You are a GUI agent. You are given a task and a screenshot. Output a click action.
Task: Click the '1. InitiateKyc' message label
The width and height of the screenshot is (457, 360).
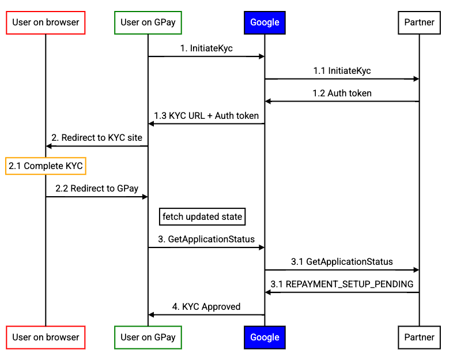(206, 48)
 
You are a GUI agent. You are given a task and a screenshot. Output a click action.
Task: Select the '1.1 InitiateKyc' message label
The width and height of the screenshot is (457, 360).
(342, 71)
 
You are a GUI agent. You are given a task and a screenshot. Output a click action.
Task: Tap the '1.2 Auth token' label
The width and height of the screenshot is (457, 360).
(342, 93)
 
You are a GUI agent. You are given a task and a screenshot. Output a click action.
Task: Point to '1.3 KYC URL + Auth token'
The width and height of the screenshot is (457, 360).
(206, 116)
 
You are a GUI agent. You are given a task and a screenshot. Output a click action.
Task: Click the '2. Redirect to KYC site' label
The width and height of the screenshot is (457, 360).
(97, 138)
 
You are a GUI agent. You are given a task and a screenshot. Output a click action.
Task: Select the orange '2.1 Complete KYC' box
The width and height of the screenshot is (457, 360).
(46, 166)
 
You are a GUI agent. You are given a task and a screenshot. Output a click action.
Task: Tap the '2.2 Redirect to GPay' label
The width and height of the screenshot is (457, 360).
(97, 188)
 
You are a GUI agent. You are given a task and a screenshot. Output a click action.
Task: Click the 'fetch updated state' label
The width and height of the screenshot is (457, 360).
(202, 217)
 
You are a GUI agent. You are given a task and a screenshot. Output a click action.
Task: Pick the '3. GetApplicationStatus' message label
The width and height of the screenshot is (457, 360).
(206, 239)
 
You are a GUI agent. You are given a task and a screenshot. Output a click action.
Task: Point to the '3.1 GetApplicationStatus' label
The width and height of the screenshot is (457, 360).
(342, 261)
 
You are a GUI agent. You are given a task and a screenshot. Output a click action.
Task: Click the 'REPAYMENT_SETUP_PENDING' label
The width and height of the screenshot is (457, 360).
(342, 284)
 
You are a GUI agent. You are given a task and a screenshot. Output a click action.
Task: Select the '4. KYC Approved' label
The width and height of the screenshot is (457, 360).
(206, 306)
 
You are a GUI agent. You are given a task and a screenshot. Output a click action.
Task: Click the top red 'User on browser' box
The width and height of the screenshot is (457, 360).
(46, 23)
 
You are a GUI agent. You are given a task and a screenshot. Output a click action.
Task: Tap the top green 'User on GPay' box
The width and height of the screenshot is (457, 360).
(148, 23)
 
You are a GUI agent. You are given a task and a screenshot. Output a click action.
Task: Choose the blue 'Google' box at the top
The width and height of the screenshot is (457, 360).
(265, 22)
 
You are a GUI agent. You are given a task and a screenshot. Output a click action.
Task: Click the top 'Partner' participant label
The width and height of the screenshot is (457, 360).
(419, 23)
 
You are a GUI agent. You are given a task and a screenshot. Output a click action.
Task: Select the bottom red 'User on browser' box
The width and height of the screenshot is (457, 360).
(46, 337)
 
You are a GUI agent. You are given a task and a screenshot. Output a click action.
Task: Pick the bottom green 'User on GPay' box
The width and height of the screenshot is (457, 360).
(148, 337)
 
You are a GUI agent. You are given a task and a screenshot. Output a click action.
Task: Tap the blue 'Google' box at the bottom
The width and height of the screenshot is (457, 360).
(265, 337)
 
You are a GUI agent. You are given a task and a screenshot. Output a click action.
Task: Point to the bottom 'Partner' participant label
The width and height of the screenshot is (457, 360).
(419, 337)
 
